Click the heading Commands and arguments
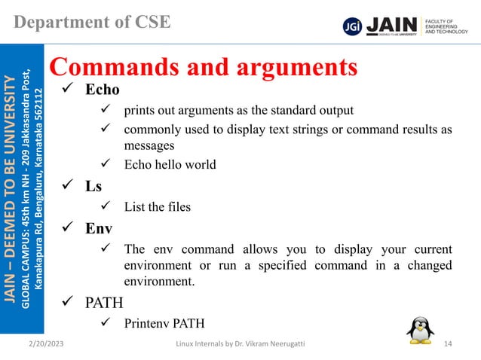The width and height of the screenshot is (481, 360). tap(204, 68)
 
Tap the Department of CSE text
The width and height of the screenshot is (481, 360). tap(93, 21)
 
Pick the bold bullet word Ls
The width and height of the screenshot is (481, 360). tap(93, 185)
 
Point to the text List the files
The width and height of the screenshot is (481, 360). tap(158, 206)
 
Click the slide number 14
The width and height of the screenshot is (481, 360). tap(449, 345)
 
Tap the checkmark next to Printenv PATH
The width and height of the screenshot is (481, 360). tap(106, 325)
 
